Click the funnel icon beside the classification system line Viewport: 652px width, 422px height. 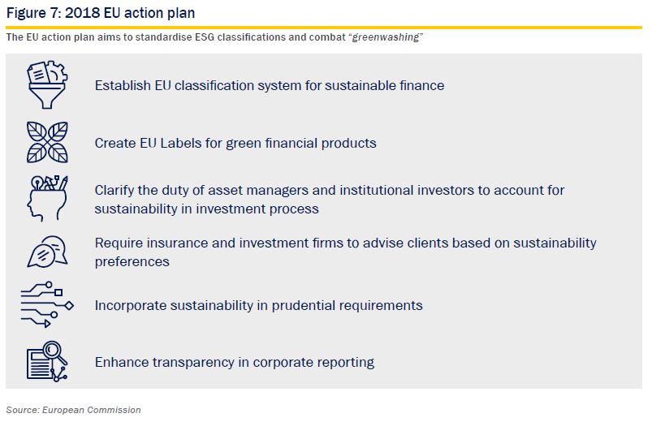click(x=47, y=84)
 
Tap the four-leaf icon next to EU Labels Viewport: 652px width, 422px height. click(x=47, y=142)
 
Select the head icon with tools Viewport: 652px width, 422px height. click(x=47, y=198)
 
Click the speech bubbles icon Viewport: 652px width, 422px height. click(x=47, y=252)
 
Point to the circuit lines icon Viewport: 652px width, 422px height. click(x=47, y=305)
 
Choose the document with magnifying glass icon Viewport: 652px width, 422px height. click(x=47, y=361)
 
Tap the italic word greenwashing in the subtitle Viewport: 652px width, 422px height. click(x=386, y=37)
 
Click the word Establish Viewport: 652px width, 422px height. click(x=123, y=85)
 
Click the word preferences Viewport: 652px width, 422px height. click(x=132, y=262)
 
